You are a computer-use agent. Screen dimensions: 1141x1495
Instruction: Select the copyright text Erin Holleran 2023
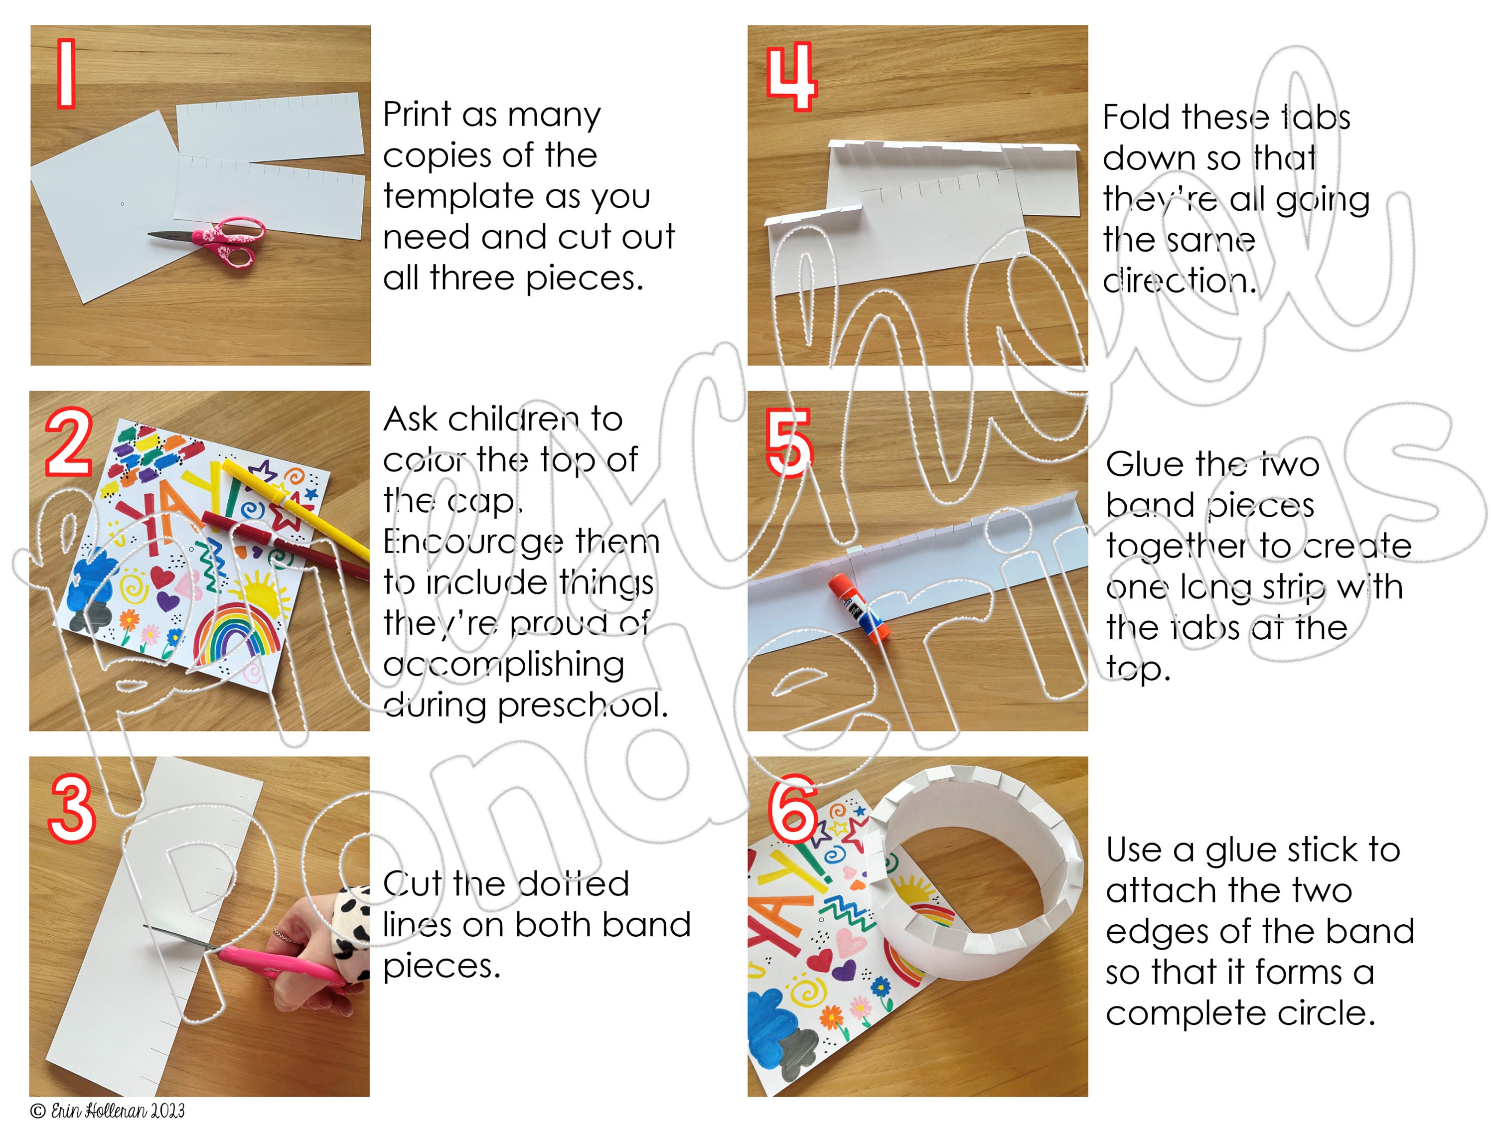[107, 1111]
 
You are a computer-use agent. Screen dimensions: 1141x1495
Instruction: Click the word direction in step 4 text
[1177, 281]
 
